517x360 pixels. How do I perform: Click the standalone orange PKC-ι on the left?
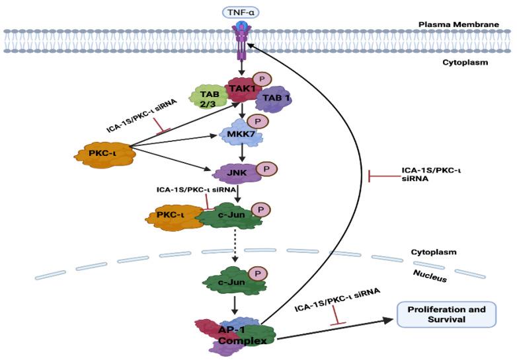(106, 155)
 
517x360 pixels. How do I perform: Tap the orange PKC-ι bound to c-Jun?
(175, 217)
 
